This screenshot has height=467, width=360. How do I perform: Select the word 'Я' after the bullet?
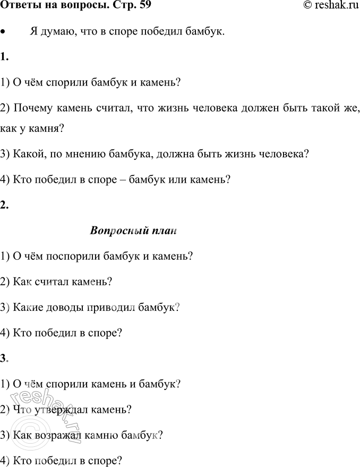pyautogui.click(x=34, y=32)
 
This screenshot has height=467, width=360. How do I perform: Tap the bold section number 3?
pyautogui.click(x=4, y=358)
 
